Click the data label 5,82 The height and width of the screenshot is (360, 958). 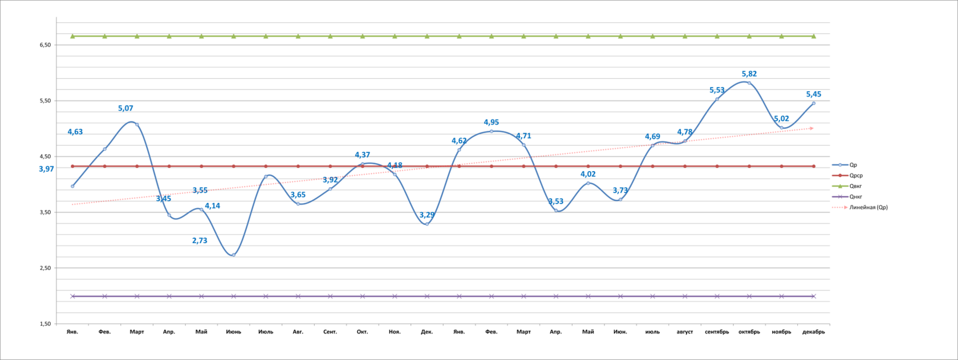point(749,74)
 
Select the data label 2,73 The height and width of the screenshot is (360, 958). point(200,241)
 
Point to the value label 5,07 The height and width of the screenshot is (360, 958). point(125,108)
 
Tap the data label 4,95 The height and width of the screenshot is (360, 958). point(491,123)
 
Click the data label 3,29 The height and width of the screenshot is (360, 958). point(427,215)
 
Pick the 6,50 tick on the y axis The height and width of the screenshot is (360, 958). point(45,45)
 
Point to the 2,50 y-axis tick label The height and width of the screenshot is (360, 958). point(45,268)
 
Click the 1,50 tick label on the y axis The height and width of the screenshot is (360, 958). point(45,324)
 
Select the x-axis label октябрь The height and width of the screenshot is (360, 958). point(749,332)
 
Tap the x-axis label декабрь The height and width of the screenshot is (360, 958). point(813,332)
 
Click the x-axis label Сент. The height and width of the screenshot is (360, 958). point(330,332)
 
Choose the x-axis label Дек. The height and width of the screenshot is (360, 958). point(427,332)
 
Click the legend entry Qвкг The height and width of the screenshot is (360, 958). point(855,186)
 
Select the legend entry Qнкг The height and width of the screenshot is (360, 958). point(855,197)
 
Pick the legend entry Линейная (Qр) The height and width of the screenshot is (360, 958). point(868,208)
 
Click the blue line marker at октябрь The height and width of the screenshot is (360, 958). point(749,83)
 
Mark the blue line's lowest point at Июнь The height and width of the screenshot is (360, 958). point(233,255)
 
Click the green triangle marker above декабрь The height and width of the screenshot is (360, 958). point(813,36)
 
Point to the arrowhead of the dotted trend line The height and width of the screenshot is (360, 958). point(811,128)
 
